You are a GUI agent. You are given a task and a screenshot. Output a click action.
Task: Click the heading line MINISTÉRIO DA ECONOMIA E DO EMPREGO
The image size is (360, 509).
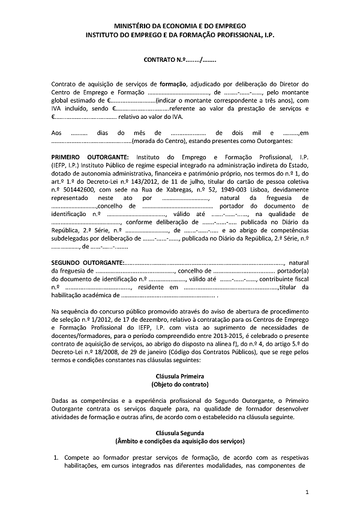(180, 27)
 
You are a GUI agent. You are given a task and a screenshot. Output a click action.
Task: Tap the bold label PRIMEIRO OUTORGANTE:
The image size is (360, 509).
(86, 156)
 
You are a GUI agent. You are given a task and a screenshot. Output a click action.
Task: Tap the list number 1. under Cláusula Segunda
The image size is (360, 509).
(55, 457)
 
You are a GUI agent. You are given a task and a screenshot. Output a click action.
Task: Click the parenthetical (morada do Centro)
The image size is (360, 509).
(158, 140)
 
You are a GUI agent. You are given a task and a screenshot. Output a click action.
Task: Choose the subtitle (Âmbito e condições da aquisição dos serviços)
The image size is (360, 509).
(180, 441)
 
